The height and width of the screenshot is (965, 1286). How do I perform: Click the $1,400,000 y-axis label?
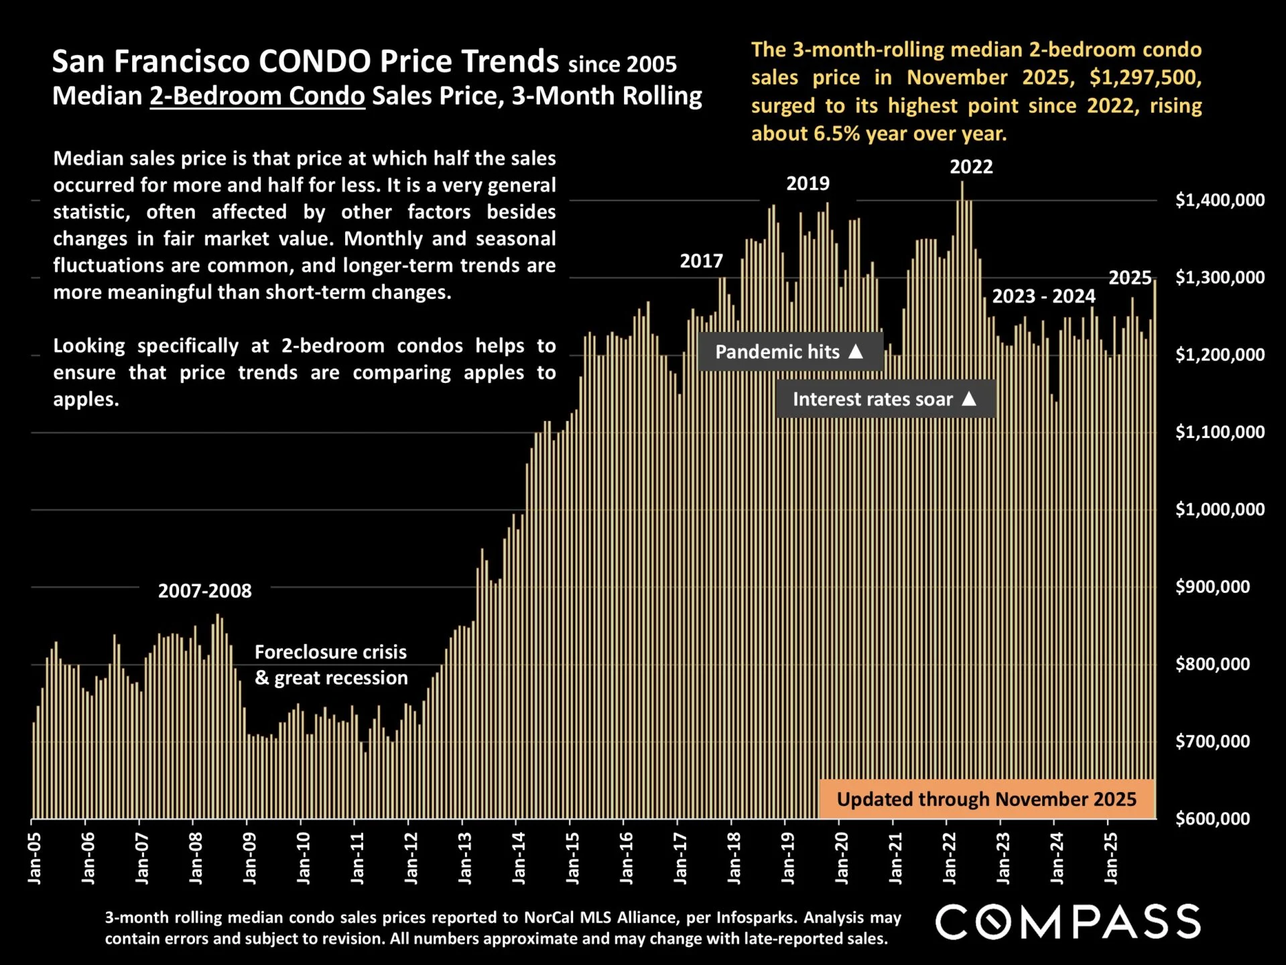tap(1220, 200)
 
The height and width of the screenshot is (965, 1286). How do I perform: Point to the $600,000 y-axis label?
tap(1212, 819)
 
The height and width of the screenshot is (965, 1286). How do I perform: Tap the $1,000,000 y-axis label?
tap(1220, 510)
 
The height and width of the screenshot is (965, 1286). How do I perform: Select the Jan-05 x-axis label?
tap(35, 858)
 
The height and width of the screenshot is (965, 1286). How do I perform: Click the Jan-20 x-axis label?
tap(842, 858)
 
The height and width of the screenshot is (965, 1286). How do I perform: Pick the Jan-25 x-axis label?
tap(1111, 858)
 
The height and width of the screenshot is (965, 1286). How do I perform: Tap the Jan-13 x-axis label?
tap(465, 858)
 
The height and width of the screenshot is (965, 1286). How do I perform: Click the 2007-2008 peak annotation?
tap(204, 591)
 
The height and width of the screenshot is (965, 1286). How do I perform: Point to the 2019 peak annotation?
tap(808, 183)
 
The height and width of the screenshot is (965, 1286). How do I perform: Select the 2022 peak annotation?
tap(971, 166)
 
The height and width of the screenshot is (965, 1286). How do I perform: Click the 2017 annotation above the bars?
tap(701, 261)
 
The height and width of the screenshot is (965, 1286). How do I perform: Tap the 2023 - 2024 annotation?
tap(1043, 296)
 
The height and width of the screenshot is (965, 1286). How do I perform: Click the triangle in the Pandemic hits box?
tap(856, 351)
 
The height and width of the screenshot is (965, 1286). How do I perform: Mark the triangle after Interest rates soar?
tap(969, 399)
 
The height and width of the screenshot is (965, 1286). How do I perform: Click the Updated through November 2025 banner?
tap(986, 799)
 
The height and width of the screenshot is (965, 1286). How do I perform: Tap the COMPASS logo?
tap(1068, 921)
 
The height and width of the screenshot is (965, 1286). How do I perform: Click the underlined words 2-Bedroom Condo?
tap(257, 96)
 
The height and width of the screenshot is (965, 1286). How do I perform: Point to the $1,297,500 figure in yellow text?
tap(1145, 78)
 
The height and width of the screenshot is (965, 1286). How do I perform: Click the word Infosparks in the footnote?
tap(757, 917)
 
